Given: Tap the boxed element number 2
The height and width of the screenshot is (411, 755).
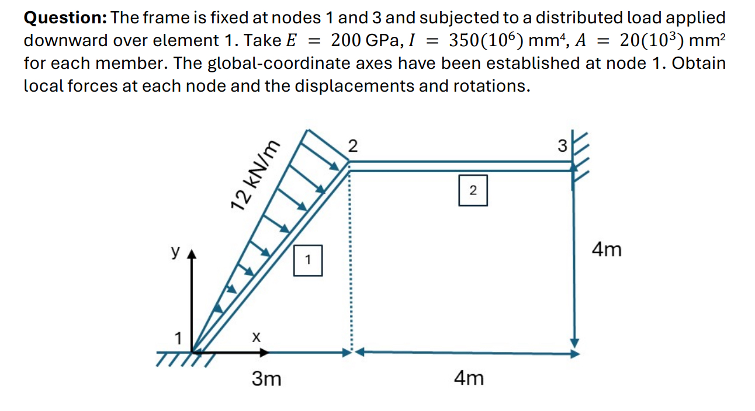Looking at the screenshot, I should (x=473, y=190).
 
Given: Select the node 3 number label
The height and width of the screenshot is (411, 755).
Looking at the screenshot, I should (x=562, y=146).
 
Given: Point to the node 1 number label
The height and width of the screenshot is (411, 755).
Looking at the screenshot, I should (x=178, y=337).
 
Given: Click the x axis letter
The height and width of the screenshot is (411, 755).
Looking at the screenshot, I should (x=255, y=337).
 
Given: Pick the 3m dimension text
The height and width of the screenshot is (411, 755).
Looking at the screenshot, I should (x=266, y=379).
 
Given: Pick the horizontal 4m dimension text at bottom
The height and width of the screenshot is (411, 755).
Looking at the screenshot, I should (x=469, y=379).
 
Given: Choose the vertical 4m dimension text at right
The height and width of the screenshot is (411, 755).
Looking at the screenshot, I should (x=607, y=250).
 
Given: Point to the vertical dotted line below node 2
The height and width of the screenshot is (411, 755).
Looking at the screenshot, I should (x=350, y=263).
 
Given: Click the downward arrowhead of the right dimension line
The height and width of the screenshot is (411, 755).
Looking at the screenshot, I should (x=575, y=342).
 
